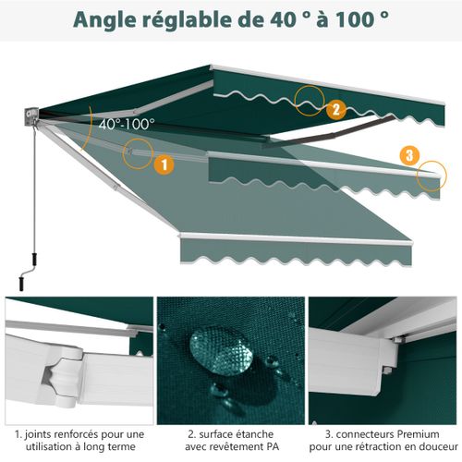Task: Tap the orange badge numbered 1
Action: coord(163,164)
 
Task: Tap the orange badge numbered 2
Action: coord(335,109)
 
